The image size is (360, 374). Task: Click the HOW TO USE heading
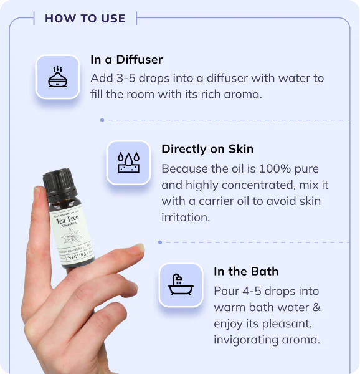click(85, 18)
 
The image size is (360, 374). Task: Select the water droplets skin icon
click(129, 163)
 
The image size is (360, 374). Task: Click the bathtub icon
click(181, 285)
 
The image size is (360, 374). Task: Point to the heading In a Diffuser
click(126, 60)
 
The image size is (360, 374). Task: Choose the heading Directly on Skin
click(207, 149)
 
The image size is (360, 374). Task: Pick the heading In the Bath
click(246, 271)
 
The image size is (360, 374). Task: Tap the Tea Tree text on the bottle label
click(67, 220)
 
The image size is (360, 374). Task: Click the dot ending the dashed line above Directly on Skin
click(102, 120)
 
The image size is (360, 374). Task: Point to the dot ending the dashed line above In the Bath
click(160, 242)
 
